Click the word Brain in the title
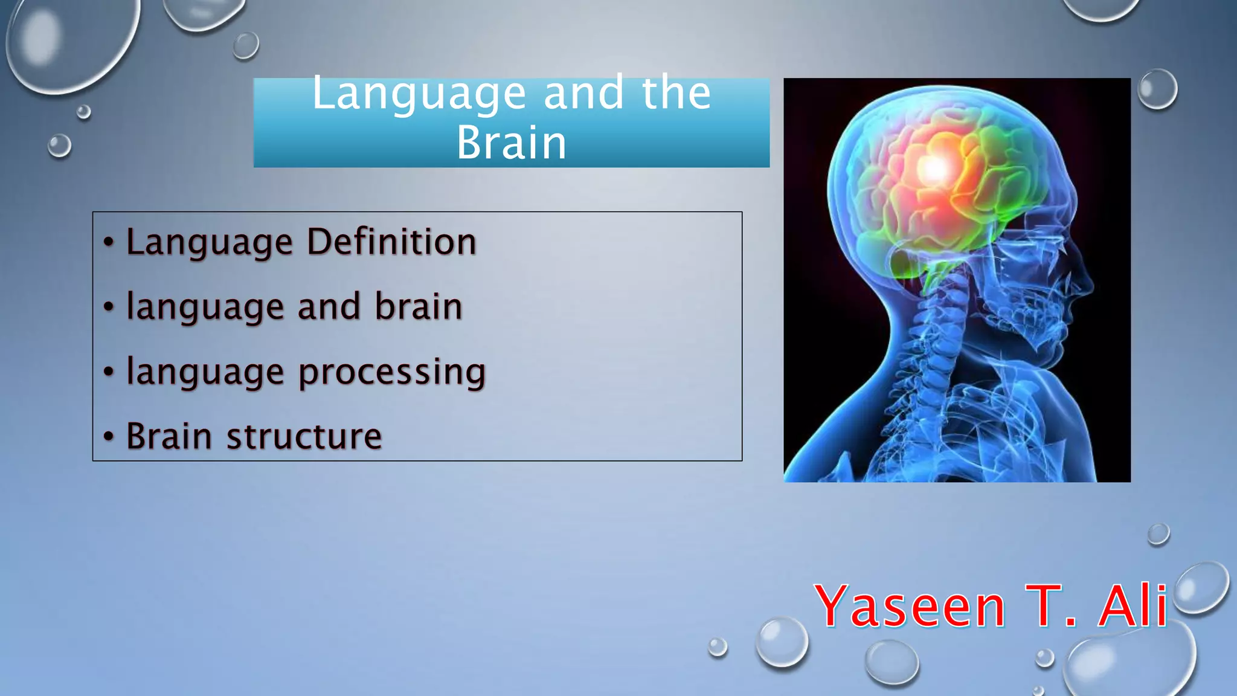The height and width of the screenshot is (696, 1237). (511, 143)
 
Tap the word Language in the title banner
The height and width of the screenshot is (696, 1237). (419, 94)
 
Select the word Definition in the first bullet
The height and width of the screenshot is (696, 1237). (391, 242)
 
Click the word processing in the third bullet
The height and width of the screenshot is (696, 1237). (392, 372)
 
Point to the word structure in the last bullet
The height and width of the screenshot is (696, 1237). (304, 436)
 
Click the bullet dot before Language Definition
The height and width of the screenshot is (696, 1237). (109, 242)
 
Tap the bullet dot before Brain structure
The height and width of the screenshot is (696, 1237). (109, 436)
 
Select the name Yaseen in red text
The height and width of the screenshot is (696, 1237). (909, 606)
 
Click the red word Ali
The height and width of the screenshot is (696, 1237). (1133, 606)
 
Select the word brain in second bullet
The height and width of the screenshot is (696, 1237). (418, 306)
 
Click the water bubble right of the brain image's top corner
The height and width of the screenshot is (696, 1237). (1157, 89)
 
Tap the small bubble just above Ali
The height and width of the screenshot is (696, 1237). (1158, 534)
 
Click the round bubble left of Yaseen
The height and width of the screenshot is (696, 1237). (782, 642)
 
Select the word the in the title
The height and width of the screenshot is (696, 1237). (676, 94)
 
